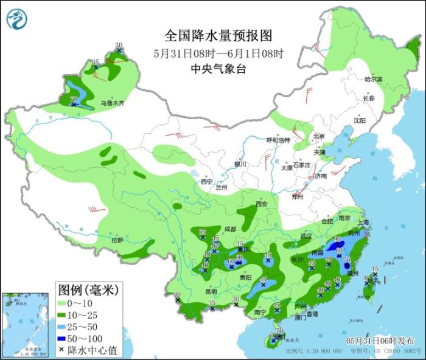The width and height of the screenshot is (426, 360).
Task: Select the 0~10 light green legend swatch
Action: coord(63,302)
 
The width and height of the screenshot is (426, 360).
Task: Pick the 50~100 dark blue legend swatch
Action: coord(63,338)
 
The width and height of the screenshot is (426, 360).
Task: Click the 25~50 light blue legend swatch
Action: coord(63,326)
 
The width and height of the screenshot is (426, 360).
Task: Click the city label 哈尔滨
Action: coord(373,80)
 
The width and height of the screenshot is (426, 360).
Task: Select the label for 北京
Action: coord(319,136)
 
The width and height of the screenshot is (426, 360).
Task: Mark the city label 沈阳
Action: coord(360,120)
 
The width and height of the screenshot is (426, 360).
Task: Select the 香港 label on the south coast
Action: coord(312,314)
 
